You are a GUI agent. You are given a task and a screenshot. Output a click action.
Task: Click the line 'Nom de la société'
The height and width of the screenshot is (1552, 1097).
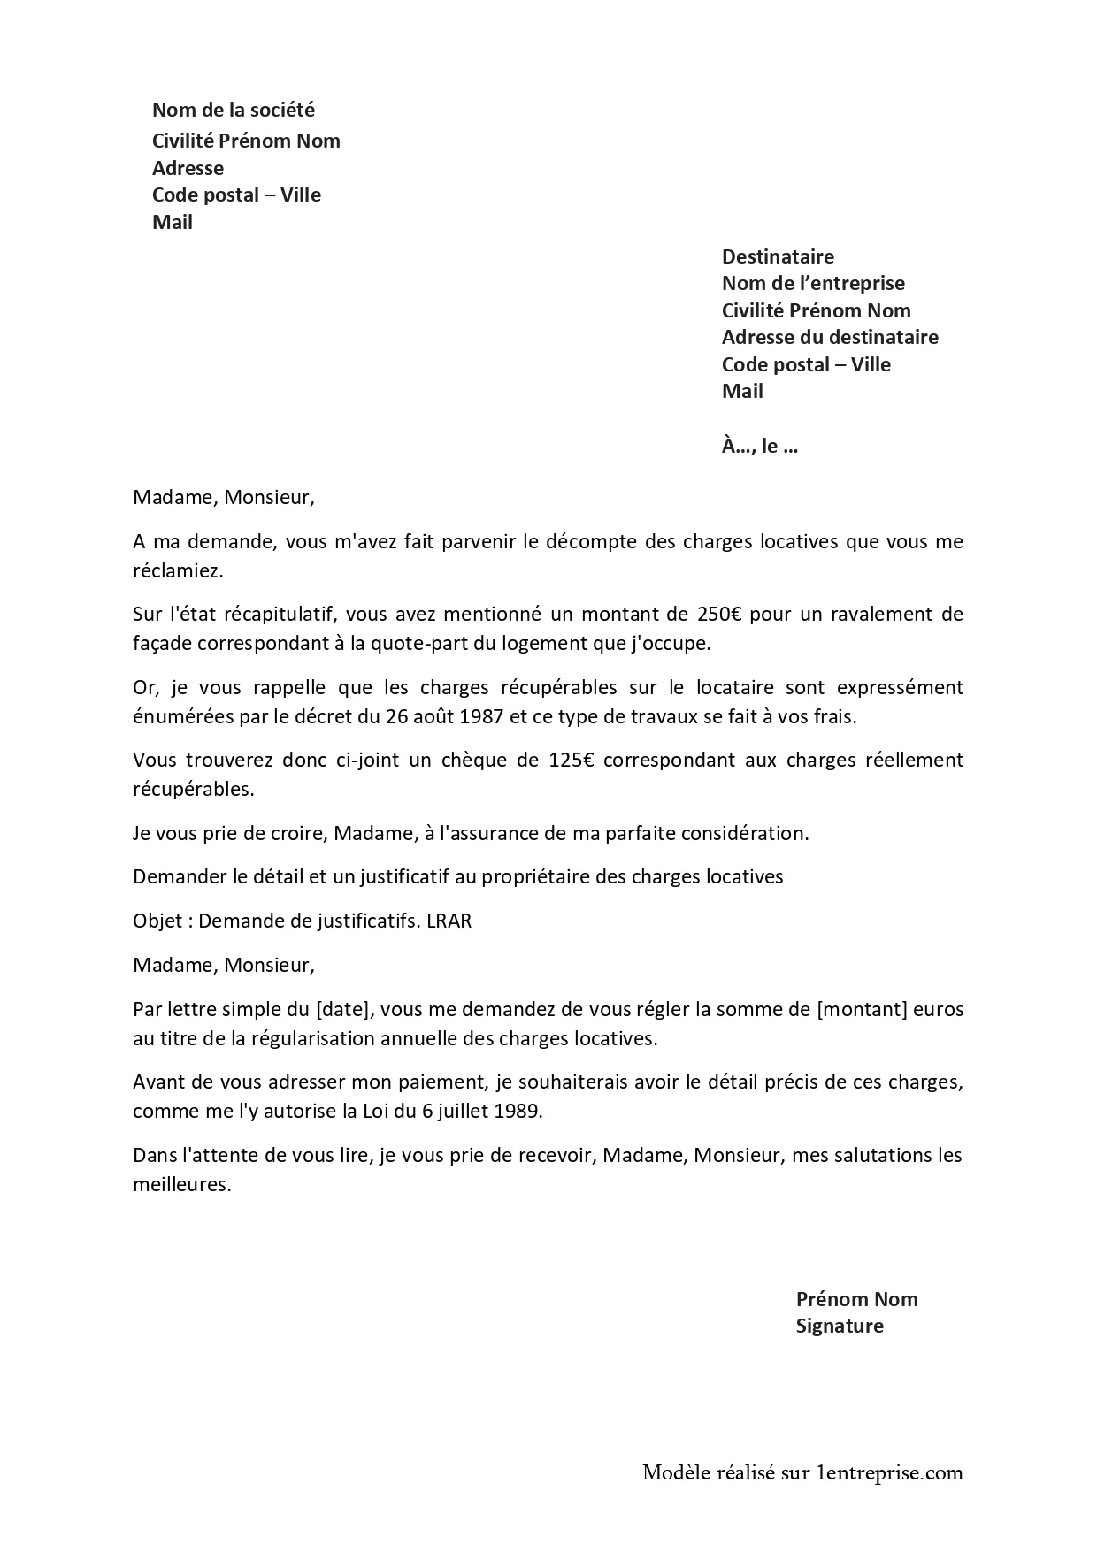233,110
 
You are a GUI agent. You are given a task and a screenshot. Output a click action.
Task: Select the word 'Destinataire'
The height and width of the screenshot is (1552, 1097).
778,256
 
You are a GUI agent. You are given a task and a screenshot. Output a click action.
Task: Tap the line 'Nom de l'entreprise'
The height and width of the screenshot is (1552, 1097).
813,283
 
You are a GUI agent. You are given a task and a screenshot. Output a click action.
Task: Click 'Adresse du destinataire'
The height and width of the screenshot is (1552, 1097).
830,337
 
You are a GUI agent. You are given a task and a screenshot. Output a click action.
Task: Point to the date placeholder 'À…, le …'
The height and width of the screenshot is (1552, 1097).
760,446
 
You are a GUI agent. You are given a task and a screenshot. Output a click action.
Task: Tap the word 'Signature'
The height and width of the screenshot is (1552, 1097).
839,1326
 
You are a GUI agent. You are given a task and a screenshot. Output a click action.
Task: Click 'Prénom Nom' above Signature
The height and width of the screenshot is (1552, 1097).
856,1299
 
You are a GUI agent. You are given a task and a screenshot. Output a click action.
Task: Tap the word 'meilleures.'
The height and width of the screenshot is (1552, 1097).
181,1184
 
